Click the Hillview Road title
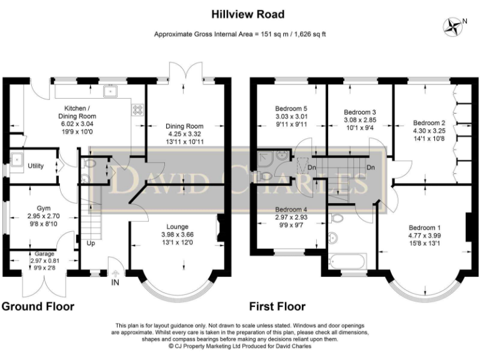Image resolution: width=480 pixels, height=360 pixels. click(248, 14)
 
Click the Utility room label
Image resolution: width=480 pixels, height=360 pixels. click(36, 166)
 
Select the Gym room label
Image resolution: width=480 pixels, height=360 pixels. click(44, 209)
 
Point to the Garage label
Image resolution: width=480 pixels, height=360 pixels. click(44, 254)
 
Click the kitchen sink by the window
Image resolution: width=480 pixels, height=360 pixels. click(110, 91)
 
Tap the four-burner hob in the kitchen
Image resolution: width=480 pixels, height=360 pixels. click(137, 110)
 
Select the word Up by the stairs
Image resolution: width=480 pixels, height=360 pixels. click(91, 243)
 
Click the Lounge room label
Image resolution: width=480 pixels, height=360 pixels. click(177, 227)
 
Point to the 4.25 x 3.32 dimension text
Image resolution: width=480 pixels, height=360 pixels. click(184, 134)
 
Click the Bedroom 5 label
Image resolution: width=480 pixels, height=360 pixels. click(291, 109)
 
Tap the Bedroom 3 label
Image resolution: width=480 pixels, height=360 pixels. click(360, 112)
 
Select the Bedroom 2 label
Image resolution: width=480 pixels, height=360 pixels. click(429, 123)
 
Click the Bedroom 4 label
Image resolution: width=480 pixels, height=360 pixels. click(291, 210)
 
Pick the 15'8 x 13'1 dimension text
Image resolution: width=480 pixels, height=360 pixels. click(424, 244)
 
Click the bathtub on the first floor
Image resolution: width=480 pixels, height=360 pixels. click(347, 261)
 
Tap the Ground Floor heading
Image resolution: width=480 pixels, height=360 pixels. click(38, 306)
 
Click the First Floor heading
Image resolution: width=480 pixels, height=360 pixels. click(277, 306)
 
